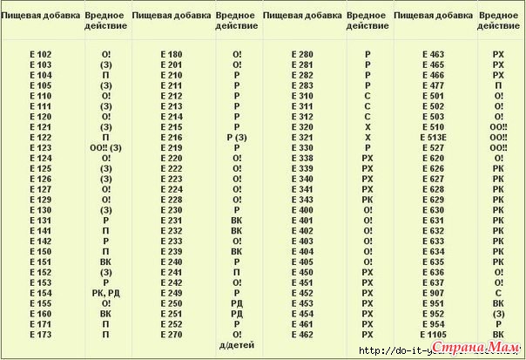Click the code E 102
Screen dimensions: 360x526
(40, 54)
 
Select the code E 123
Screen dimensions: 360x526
(40, 148)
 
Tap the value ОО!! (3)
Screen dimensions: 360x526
(105, 148)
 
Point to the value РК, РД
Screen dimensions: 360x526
(105, 294)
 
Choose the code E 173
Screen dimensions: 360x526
(40, 335)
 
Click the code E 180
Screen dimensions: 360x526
(171, 54)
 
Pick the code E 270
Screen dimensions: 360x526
(171, 335)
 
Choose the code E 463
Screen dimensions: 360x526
(433, 54)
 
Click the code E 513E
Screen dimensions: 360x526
(433, 138)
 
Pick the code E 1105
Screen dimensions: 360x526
(433, 335)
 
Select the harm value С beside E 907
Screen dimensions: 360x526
(498, 294)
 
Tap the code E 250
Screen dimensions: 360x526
(171, 304)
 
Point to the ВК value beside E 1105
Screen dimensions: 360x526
(498, 335)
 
